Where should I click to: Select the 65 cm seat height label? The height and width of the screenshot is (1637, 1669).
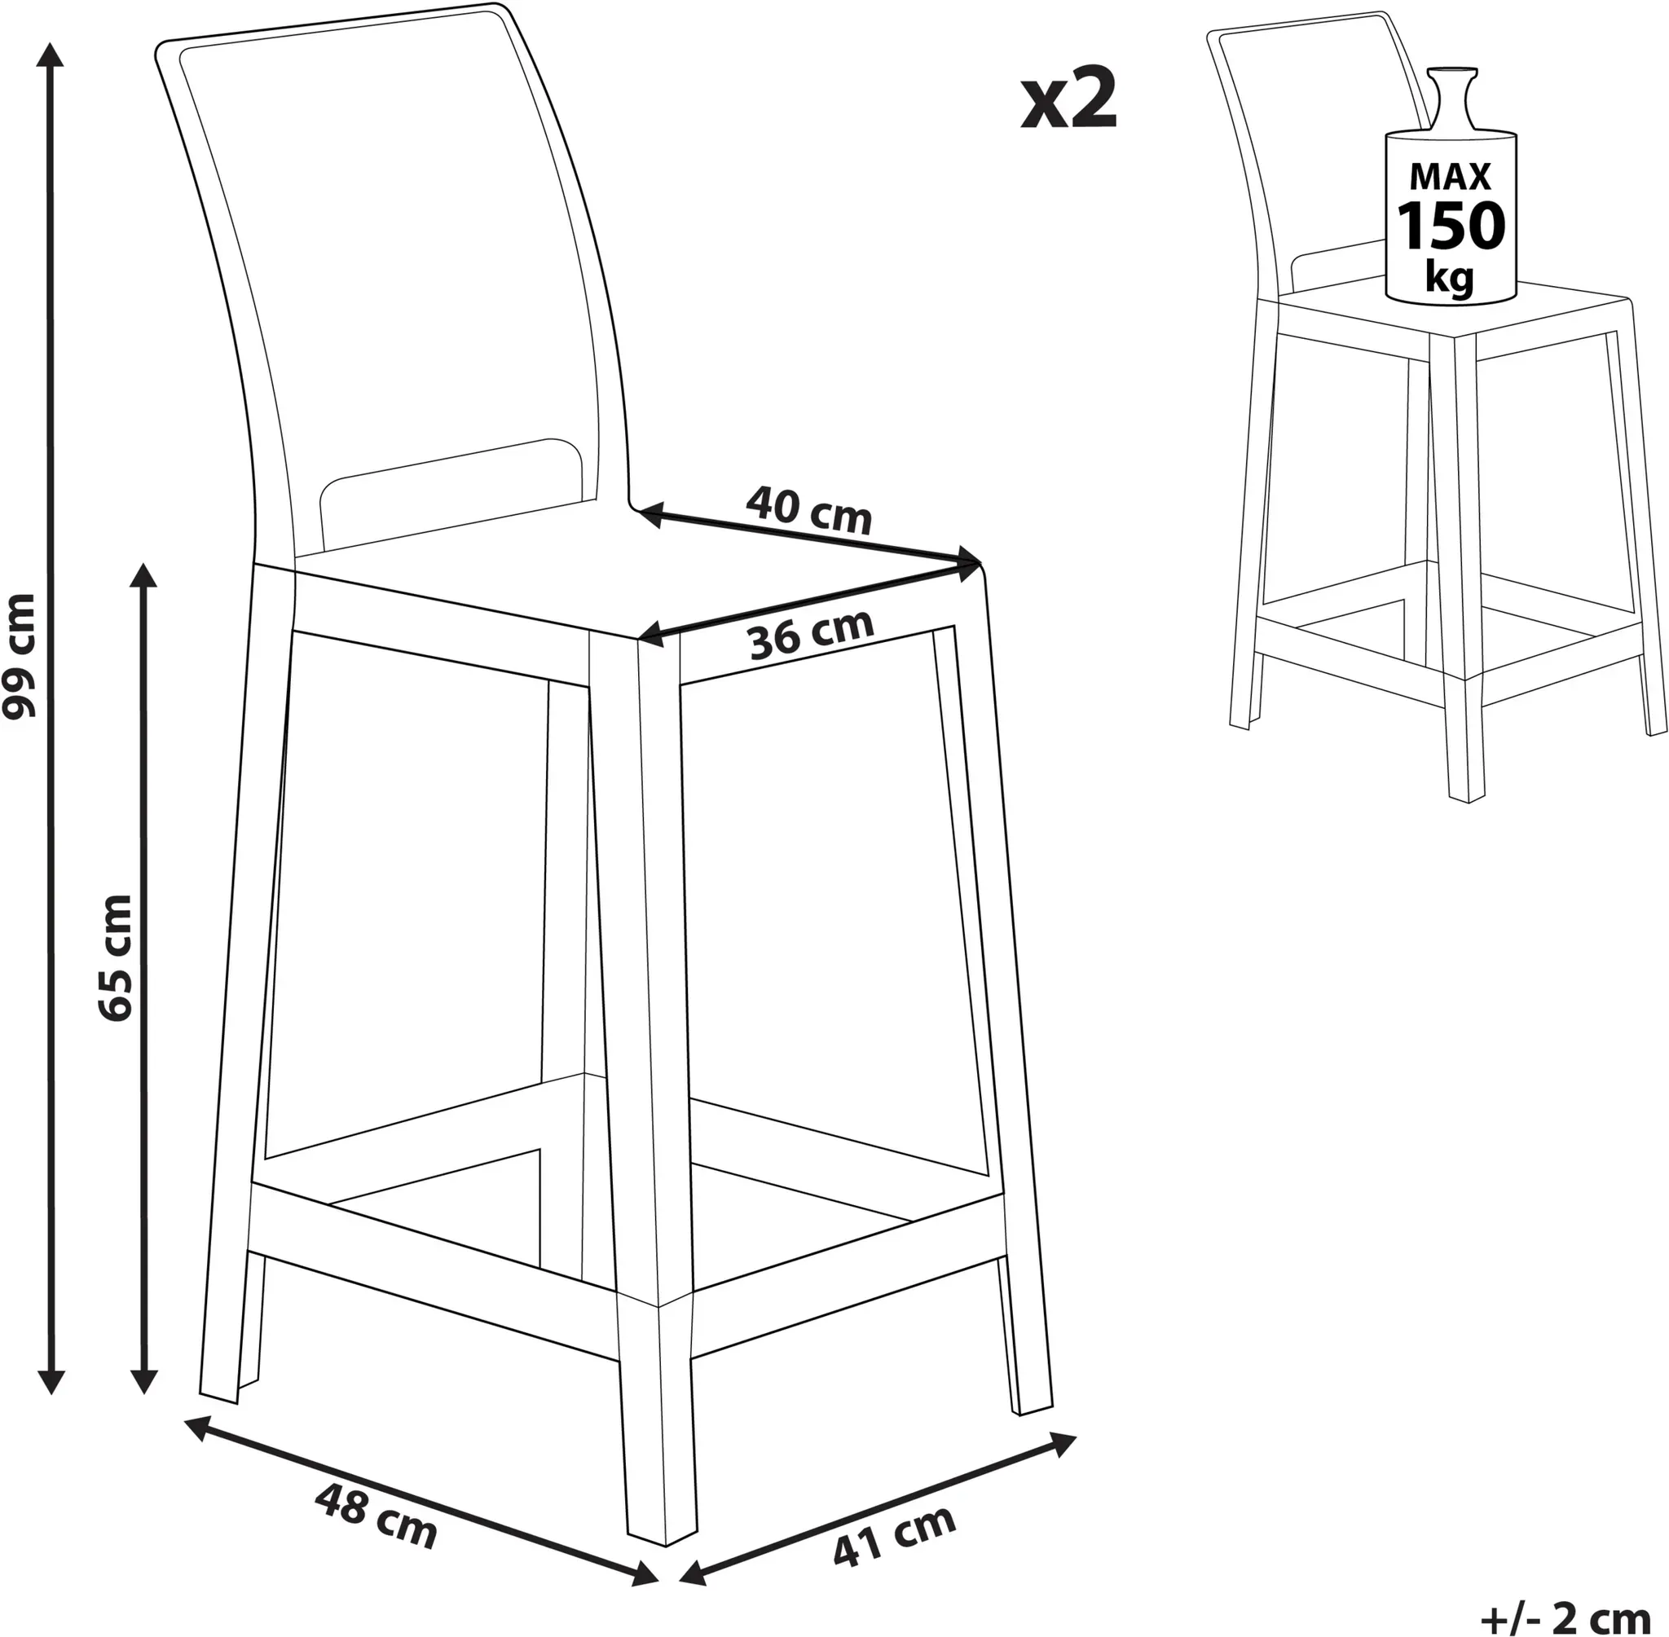coord(115,957)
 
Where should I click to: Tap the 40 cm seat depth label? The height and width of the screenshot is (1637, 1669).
coord(808,511)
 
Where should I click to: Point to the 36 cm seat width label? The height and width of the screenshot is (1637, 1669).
coord(811,634)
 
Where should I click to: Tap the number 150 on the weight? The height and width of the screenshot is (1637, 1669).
coord(1450,225)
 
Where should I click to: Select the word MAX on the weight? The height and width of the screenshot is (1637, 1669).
coord(1450,176)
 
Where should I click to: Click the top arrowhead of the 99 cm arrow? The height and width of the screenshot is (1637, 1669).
coord(52,53)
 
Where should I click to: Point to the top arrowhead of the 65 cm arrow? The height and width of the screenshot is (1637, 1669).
coord(143,577)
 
